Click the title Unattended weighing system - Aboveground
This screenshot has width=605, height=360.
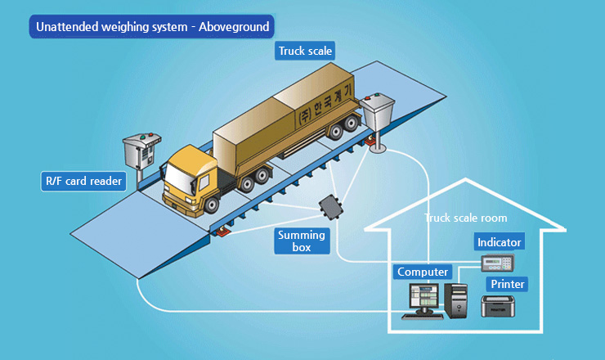pyautogui.click(x=151, y=27)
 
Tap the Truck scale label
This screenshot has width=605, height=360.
pyautogui.click(x=306, y=52)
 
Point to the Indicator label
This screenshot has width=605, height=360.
pyautogui.click(x=499, y=242)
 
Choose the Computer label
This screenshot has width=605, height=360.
pyautogui.click(x=423, y=272)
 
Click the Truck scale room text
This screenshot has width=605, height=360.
pyautogui.click(x=466, y=218)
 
